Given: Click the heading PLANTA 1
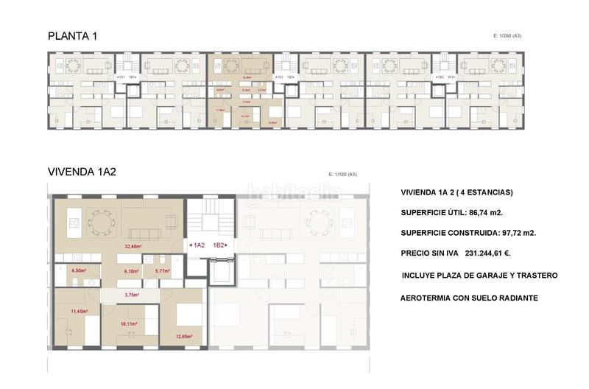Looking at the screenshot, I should (x=72, y=36).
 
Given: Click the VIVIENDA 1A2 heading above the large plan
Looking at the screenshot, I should (x=82, y=172).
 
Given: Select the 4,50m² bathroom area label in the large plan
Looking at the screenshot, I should (x=78, y=271).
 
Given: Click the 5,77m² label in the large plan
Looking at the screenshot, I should (x=162, y=271).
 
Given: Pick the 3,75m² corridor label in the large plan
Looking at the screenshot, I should (x=132, y=295).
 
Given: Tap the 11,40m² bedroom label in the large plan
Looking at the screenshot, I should (x=78, y=312).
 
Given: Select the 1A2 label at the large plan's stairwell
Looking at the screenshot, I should (x=198, y=245).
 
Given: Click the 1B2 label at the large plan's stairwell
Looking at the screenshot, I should (x=219, y=245).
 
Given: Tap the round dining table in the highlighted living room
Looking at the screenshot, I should (x=99, y=220).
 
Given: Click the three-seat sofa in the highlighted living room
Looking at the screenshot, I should (x=152, y=221).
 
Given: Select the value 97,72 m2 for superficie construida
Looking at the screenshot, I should (x=535, y=233).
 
